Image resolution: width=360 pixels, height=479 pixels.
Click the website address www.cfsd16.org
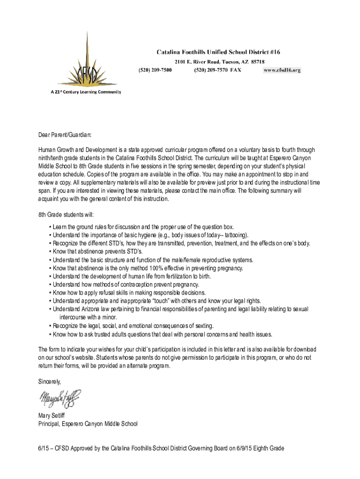[282, 70]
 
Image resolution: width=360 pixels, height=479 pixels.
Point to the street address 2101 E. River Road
[198, 61]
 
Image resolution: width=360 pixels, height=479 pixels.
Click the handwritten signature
[60, 399]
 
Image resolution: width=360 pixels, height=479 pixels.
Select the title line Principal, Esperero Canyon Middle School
[88, 424]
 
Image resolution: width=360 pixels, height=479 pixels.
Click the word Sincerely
[50, 382]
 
